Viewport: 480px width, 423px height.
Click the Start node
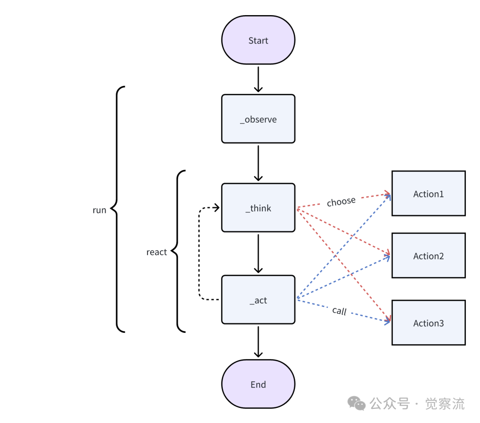(x=258, y=40)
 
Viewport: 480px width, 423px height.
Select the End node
(x=258, y=384)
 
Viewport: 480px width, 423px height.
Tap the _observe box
(x=258, y=119)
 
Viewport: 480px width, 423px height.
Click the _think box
(x=258, y=208)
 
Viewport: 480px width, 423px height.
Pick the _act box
(x=258, y=300)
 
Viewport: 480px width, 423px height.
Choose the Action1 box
(x=428, y=194)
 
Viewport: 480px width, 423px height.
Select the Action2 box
(x=428, y=256)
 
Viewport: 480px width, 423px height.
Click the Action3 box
(x=428, y=323)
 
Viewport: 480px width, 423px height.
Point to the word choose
(x=341, y=202)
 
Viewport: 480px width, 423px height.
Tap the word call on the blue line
(x=340, y=311)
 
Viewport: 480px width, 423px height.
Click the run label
(x=99, y=210)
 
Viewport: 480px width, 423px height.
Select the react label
(x=156, y=252)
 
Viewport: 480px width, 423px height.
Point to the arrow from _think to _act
(x=258, y=253)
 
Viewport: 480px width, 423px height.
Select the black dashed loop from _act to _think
(x=200, y=253)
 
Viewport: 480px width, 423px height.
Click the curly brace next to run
(x=118, y=209)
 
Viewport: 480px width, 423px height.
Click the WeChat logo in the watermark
(x=357, y=403)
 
